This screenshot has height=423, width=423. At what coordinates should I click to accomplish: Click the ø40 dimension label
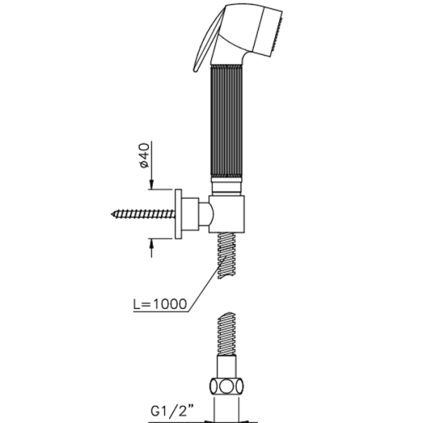point(145,155)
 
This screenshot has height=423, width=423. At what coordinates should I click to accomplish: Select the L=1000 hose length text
point(160,304)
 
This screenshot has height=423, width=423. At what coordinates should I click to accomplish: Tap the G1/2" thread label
point(172,411)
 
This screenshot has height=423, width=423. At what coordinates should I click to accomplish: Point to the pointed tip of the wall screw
point(111,214)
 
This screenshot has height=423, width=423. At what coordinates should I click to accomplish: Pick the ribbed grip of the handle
point(226,121)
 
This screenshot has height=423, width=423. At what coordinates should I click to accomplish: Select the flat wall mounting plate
point(178,214)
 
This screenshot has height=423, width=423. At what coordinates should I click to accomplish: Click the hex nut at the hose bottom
point(226,387)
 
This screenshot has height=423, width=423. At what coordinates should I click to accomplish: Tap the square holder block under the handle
point(226,214)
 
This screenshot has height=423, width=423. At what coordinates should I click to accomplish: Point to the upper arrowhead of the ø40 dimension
point(152,185)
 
